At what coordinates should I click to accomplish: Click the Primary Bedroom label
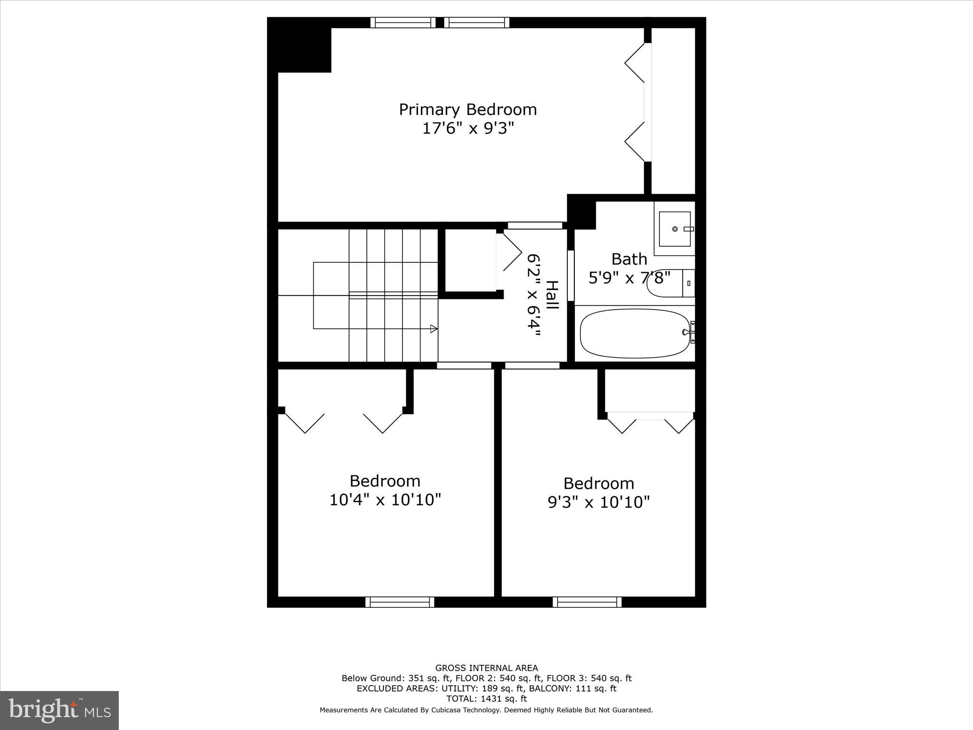point(467,110)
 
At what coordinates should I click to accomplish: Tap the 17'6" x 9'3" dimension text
point(468,128)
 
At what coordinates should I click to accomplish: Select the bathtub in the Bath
point(635,334)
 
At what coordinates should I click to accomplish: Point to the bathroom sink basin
point(675,229)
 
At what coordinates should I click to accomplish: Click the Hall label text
point(552,295)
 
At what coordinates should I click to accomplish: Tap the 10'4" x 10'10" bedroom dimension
point(385,500)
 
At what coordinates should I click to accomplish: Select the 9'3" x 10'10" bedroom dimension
point(599,502)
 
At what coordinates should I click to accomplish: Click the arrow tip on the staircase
point(434,328)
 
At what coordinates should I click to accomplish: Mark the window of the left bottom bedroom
point(400,602)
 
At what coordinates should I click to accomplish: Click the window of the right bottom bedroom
point(587,602)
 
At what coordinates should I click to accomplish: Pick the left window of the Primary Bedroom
point(403,22)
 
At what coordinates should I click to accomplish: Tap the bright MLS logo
point(59,711)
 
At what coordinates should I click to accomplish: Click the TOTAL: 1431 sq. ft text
point(486,699)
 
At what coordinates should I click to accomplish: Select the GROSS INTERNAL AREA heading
point(486,668)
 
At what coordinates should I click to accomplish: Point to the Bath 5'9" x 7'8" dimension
point(629,278)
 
